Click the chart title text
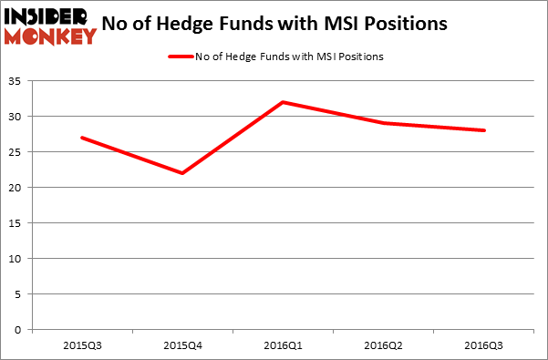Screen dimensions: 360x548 (x=274, y=24)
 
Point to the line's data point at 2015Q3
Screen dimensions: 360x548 (x=82, y=138)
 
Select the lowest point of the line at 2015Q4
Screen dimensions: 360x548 (x=182, y=173)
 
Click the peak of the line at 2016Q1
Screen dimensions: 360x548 (x=284, y=102)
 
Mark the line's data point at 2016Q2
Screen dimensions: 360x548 (x=384, y=123)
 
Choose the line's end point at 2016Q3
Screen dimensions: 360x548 (x=484, y=130)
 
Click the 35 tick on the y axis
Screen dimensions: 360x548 (x=17, y=81)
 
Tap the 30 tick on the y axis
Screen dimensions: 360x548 (x=17, y=117)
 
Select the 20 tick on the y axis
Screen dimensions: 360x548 (x=17, y=188)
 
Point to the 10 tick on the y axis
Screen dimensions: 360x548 (x=17, y=259)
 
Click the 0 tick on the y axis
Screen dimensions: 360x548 (x=21, y=330)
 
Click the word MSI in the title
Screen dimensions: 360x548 (x=339, y=24)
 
